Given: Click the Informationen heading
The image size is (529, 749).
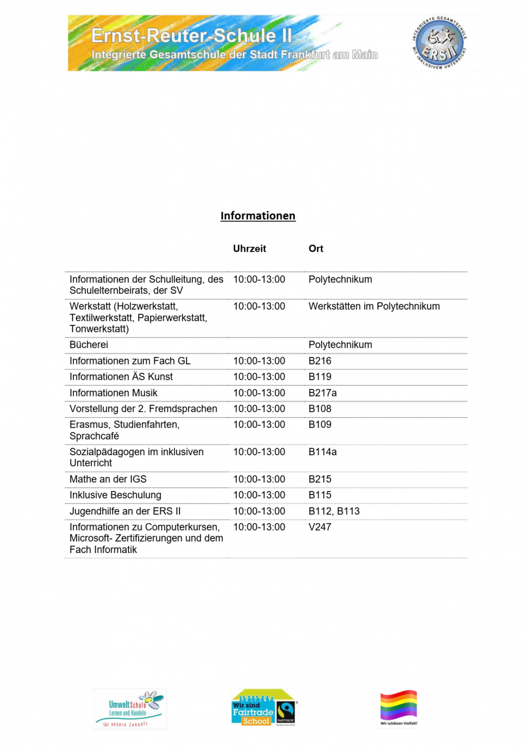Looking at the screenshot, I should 258,216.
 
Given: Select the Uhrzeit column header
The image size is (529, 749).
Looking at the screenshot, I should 250,249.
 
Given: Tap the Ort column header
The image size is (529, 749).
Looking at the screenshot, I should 316,249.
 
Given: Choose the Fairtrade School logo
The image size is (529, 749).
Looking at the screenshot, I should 264,708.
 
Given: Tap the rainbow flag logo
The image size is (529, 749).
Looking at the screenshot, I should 399,707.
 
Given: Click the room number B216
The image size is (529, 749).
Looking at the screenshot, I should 320,361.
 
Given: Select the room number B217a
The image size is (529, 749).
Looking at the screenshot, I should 323,393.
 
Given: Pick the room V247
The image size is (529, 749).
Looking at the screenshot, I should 320,527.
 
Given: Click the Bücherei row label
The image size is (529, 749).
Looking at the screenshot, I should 89,345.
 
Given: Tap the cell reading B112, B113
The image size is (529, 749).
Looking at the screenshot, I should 334,511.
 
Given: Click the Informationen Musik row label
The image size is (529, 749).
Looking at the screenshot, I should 113,393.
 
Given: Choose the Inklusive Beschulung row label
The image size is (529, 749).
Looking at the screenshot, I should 115,496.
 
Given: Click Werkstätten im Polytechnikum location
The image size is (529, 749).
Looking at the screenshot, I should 374,307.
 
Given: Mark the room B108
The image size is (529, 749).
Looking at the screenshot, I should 320,408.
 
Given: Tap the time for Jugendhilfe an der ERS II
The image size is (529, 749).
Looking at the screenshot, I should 259,511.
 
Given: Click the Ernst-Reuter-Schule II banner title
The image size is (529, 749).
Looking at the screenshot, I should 192,36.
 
